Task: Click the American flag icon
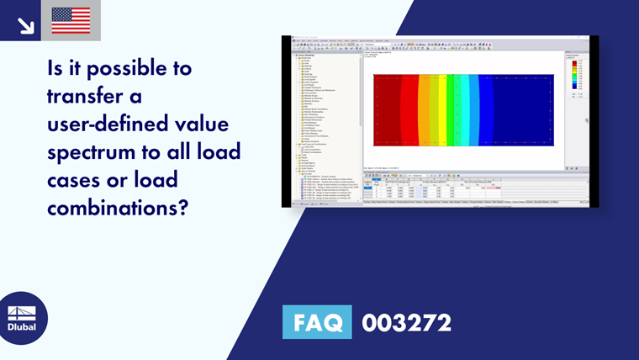71,20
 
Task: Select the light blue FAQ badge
318,322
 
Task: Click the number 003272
406,322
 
